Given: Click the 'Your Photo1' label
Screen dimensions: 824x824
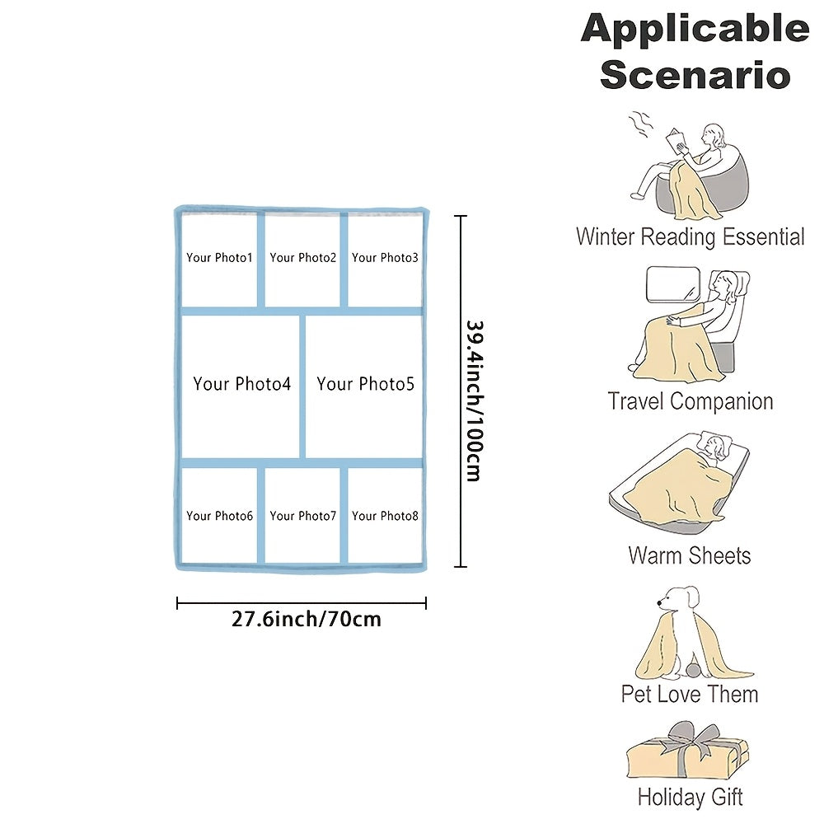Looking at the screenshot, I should [219, 258].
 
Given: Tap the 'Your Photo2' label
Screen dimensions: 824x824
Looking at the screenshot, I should [302, 258].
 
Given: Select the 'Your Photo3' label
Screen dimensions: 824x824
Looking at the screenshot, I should [385, 258].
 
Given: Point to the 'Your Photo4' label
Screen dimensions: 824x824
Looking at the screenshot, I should [241, 384].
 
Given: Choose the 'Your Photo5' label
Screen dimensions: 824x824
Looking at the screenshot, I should [365, 384].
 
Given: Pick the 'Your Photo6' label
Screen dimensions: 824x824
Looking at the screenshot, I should [219, 516].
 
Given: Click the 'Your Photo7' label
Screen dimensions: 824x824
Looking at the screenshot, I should [302, 516].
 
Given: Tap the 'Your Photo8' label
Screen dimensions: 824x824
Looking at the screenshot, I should [385, 516].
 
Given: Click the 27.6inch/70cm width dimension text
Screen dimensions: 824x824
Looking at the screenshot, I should [306, 619].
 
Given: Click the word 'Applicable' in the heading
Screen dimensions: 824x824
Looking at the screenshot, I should [695, 30].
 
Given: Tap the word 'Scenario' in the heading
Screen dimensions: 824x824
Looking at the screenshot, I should [695, 74].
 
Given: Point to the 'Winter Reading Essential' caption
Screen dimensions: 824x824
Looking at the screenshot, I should [690, 237].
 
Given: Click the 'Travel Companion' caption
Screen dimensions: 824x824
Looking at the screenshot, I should [690, 401].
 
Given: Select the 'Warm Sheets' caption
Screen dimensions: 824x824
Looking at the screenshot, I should [690, 555].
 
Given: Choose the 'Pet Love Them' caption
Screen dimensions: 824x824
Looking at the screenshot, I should [690, 694].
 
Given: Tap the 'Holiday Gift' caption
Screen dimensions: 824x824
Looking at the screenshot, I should [690, 797].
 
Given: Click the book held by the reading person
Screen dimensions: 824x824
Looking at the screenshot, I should [679, 141].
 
